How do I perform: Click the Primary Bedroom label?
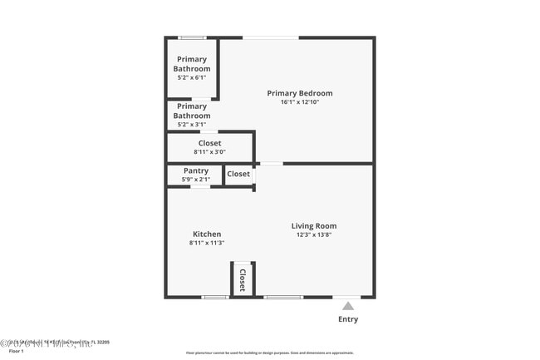[x=299, y=93]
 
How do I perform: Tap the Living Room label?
[x=313, y=225]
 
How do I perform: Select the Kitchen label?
[x=207, y=234]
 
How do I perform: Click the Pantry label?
[x=195, y=170]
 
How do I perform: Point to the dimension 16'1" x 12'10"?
[x=299, y=102]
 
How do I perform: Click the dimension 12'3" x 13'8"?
[x=313, y=234]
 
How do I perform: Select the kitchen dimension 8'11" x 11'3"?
[x=207, y=243]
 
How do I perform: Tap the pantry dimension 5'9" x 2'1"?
[x=195, y=180]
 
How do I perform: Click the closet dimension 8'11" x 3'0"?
[x=209, y=152]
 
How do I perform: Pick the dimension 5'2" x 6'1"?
[x=192, y=77]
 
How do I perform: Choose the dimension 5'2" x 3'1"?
[x=192, y=125]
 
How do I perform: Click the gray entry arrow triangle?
[x=348, y=306]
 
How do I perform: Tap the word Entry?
[x=348, y=319]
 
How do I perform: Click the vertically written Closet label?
[x=243, y=279]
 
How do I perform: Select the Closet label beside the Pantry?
[x=238, y=174]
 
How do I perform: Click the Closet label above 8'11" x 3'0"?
[x=209, y=143]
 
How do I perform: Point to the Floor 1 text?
[x=16, y=351]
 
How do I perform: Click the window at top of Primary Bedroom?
[x=271, y=37]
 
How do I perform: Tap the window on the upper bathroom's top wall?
[x=193, y=37]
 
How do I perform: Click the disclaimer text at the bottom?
[x=269, y=353]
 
